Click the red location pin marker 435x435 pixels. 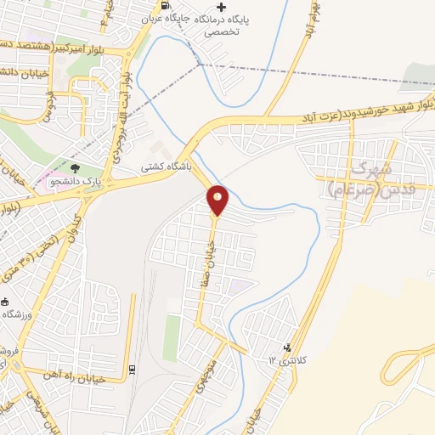tap(217, 200)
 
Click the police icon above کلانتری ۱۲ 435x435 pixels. tap(286, 347)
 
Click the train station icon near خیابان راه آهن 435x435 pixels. tap(132, 369)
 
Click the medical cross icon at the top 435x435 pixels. tap(221, 8)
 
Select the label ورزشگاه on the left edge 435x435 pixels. tap(17, 314)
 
